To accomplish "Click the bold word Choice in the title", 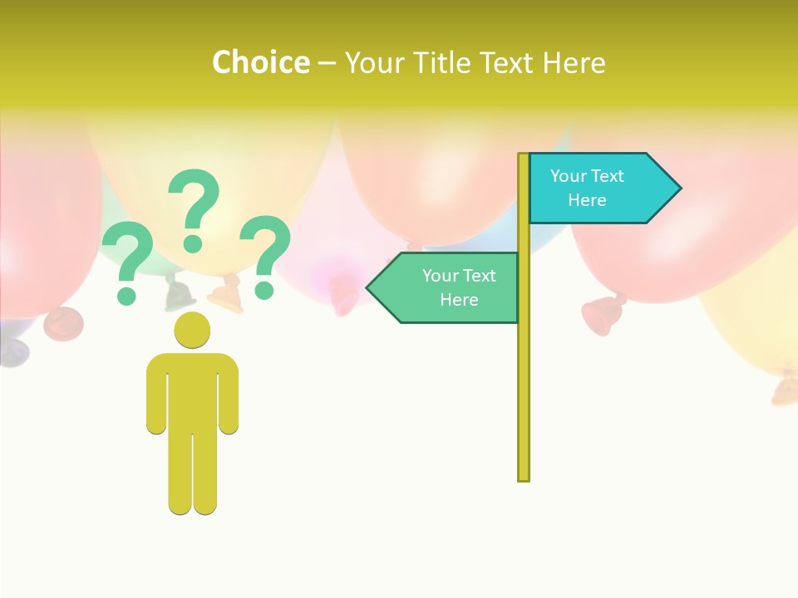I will tap(260, 62).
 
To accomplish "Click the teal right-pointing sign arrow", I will tap(598, 188).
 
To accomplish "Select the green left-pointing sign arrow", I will tap(449, 287).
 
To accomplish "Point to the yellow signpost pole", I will tap(524, 374).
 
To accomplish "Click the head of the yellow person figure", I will tap(192, 330).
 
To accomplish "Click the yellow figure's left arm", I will tap(156, 395).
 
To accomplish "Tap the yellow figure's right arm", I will tap(229, 395).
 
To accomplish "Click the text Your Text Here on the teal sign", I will tap(587, 188).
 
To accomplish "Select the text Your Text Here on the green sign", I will tap(459, 287).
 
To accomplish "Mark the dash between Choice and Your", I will tap(327, 63).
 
